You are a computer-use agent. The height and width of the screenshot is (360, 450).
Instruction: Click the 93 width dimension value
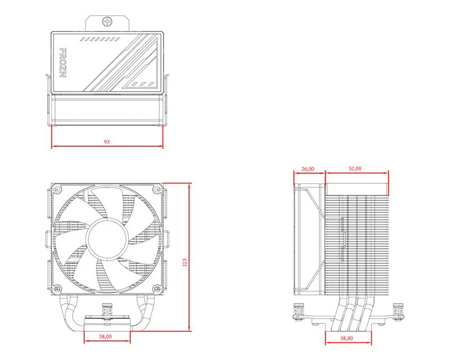click(x=107, y=142)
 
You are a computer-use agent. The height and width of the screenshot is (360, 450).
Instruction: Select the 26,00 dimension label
click(x=308, y=168)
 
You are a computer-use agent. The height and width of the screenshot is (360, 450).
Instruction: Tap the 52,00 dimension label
click(x=355, y=168)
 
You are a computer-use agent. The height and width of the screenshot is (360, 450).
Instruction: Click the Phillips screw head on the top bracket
click(x=107, y=22)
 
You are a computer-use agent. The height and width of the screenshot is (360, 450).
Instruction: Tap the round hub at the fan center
click(x=107, y=239)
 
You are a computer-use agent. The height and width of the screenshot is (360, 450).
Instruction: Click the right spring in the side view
click(x=398, y=308)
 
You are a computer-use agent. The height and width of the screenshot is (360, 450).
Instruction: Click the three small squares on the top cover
click(x=143, y=84)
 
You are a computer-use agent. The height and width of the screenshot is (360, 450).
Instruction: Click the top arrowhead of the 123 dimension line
click(x=190, y=186)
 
